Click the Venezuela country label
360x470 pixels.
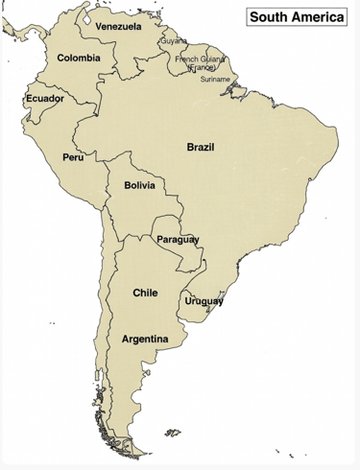pos(118,26)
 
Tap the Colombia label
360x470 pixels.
pos(79,59)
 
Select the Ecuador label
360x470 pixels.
pos(44,99)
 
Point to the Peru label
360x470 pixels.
pos(73,156)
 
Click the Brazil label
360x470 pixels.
pos(201,147)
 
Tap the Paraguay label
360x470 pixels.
pos(178,238)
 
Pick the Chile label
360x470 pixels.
pos(145,292)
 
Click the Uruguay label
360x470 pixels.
pos(204,301)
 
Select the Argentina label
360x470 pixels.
pos(145,340)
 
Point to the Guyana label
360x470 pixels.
pos(174,42)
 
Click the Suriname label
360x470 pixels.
pos(215,79)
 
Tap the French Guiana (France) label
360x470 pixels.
pos(201,63)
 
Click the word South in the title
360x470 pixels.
pos(272,16)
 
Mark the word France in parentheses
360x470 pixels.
pos(202,68)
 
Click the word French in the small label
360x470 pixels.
pos(187,59)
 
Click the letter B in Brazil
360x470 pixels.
pos(190,147)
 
